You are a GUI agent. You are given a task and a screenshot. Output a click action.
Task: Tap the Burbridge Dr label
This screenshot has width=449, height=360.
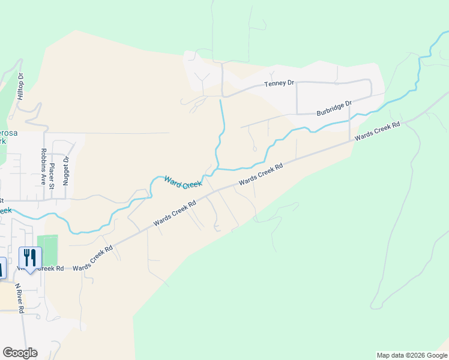[x=333, y=109]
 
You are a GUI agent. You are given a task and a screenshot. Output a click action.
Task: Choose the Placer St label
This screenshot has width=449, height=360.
[x=52, y=175]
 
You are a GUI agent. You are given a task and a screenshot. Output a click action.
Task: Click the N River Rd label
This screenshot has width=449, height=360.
[x=20, y=298]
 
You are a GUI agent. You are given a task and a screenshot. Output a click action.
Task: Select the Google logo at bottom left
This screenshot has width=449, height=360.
[x=20, y=353]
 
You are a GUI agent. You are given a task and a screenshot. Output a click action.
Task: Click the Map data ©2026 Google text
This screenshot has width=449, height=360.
[x=411, y=355]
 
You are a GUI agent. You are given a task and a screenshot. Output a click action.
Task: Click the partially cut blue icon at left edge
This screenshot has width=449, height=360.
[x=2, y=268]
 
